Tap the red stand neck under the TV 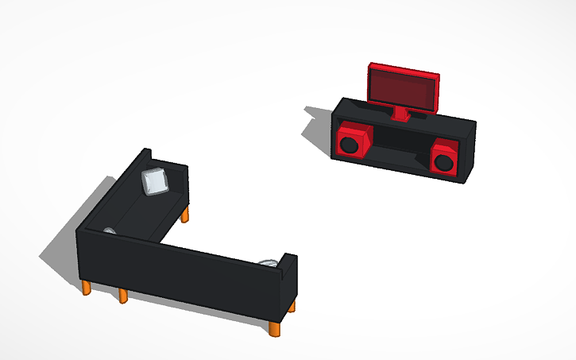pos(403,115)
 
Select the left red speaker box pos(352,140)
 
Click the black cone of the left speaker pos(348,145)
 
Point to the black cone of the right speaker pos(443,162)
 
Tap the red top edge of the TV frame pos(403,71)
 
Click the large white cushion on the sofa pos(154,181)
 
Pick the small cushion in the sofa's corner pos(109,231)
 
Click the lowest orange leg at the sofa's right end pos(275,328)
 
